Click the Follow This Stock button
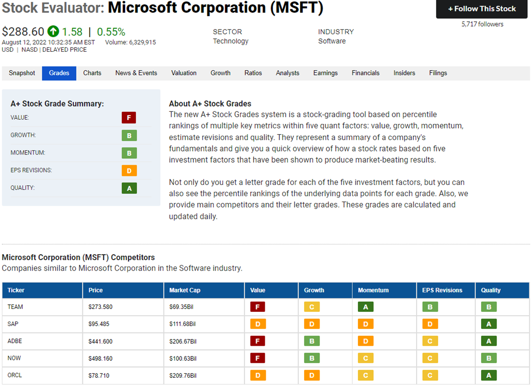482,9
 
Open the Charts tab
92,73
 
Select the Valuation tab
184,73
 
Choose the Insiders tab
404,73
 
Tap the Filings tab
438,73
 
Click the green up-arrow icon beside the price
53,31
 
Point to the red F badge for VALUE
129,118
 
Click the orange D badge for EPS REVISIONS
129,170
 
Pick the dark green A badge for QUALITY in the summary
129,188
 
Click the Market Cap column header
185,290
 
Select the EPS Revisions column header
442,290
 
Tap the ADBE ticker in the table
15,341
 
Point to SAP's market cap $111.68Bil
182,324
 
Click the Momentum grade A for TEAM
366,307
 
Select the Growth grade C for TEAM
311,307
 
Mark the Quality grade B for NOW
489,358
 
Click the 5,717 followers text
482,24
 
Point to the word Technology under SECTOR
231,41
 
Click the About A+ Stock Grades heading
210,104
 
